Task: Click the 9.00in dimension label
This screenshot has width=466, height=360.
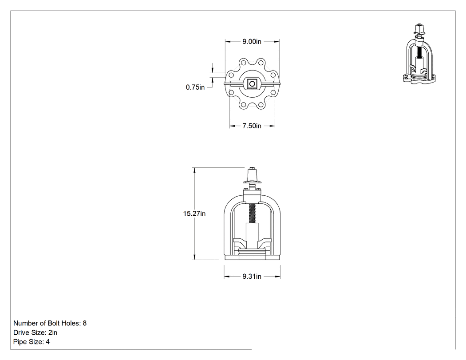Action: point(252,42)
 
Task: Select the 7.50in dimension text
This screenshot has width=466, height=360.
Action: point(252,126)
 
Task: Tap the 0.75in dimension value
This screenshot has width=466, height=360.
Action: point(195,87)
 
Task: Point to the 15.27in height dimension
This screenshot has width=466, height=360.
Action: point(194,214)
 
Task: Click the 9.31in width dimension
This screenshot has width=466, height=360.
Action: point(252,277)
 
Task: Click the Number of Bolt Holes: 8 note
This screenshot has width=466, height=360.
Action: point(50,323)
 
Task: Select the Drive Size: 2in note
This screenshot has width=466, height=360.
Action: point(36,332)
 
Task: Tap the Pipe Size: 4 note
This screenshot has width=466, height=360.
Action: point(32,342)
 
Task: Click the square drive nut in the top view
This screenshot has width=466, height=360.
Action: point(252,84)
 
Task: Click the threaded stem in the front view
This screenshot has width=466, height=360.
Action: point(252,214)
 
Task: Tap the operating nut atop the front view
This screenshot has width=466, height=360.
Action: point(252,175)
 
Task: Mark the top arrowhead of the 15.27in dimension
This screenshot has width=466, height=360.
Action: point(194,170)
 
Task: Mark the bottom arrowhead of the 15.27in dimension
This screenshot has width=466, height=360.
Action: point(194,257)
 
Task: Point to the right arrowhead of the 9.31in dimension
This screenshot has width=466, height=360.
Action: point(277,277)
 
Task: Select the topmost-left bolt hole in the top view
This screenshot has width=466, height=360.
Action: point(243,63)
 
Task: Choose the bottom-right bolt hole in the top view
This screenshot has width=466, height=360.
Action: point(261,105)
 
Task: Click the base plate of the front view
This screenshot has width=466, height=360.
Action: point(252,257)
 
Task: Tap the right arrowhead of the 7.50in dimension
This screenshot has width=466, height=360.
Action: point(272,126)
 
